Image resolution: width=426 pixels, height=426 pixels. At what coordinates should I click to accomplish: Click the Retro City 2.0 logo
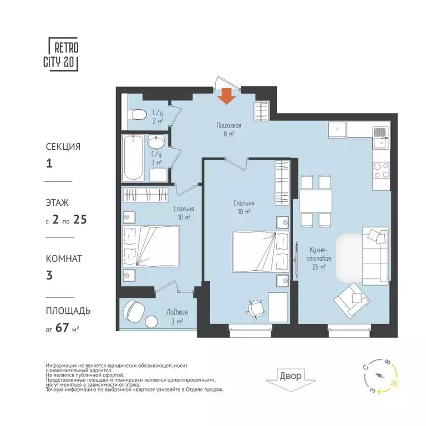[x=63, y=54]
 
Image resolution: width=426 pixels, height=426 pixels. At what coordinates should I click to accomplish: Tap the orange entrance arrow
[x=226, y=95]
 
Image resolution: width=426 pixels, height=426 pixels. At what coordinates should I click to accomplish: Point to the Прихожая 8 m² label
[x=229, y=129]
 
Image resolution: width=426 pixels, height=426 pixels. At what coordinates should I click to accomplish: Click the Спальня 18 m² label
[x=243, y=207]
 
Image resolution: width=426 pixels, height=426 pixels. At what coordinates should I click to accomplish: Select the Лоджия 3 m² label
[x=176, y=316]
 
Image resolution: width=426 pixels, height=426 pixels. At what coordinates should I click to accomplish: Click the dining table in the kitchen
[x=315, y=201]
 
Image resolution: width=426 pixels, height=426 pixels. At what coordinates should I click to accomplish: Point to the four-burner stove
[x=381, y=169]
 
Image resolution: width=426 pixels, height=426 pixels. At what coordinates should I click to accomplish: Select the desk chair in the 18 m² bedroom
[x=256, y=306]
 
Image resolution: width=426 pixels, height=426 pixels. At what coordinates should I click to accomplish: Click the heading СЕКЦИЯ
[x=63, y=147]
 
